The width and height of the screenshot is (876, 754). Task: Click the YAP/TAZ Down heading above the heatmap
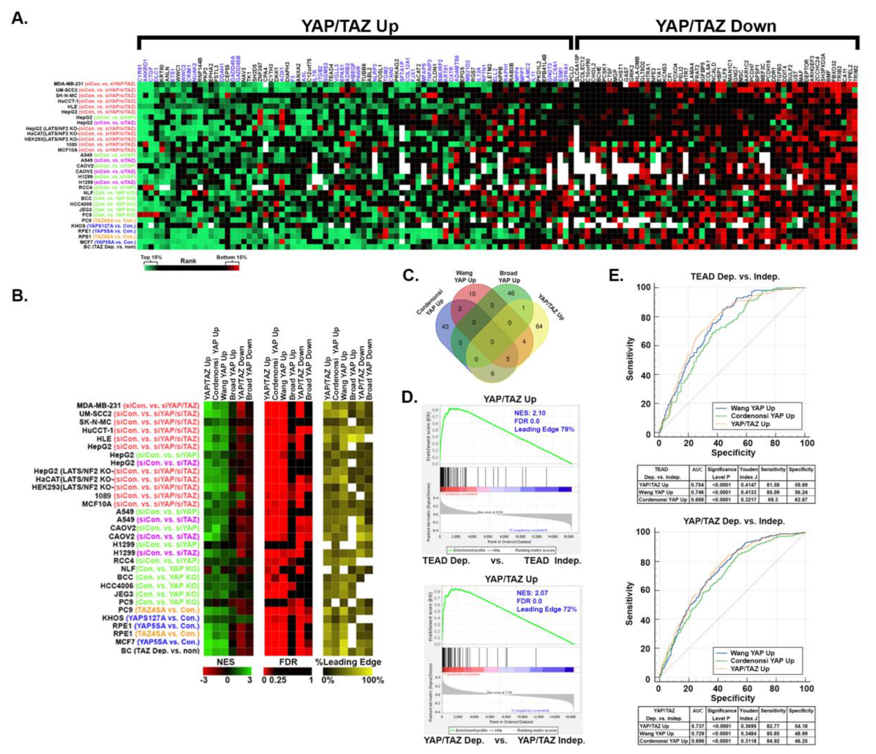point(716,26)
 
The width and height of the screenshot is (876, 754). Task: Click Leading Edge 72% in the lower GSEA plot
point(546,609)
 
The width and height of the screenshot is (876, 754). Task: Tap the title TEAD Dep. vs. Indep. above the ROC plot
point(735,277)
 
